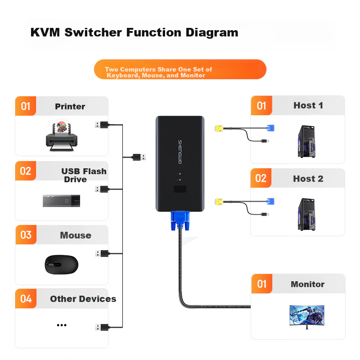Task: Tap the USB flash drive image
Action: [x=61, y=201]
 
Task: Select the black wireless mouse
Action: [x=61, y=264]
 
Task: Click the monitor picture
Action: [x=307, y=316]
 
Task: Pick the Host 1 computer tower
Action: [x=306, y=141]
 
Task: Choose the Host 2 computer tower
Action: [x=306, y=214]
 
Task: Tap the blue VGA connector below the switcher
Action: [x=180, y=220]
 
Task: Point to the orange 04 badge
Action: [x=26, y=299]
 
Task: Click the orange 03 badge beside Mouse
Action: [x=26, y=235]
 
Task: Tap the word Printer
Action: [x=70, y=107]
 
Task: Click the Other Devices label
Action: [x=83, y=299]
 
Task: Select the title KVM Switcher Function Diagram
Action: [x=134, y=33]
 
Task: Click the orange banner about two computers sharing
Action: [x=180, y=70]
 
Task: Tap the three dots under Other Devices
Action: [x=62, y=325]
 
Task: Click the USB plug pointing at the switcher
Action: [x=139, y=157]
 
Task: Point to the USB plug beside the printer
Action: [x=101, y=125]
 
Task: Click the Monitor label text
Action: [x=307, y=284]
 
